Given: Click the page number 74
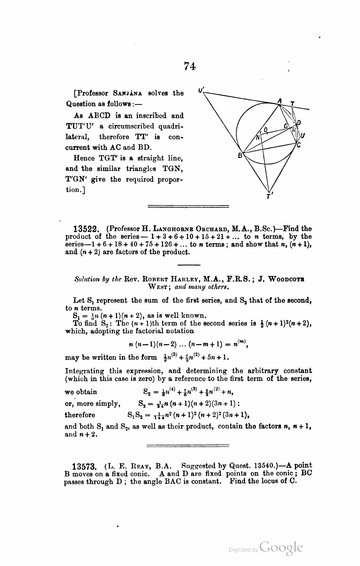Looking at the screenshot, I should click(x=189, y=66).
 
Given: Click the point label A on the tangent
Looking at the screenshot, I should click(x=280, y=101).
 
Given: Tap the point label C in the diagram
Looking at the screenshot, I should click(x=298, y=144).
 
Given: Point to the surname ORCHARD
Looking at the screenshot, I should click(x=205, y=229).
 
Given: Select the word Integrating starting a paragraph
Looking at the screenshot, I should click(x=85, y=371).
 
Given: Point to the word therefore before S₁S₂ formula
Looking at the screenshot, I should click(x=80, y=415).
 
